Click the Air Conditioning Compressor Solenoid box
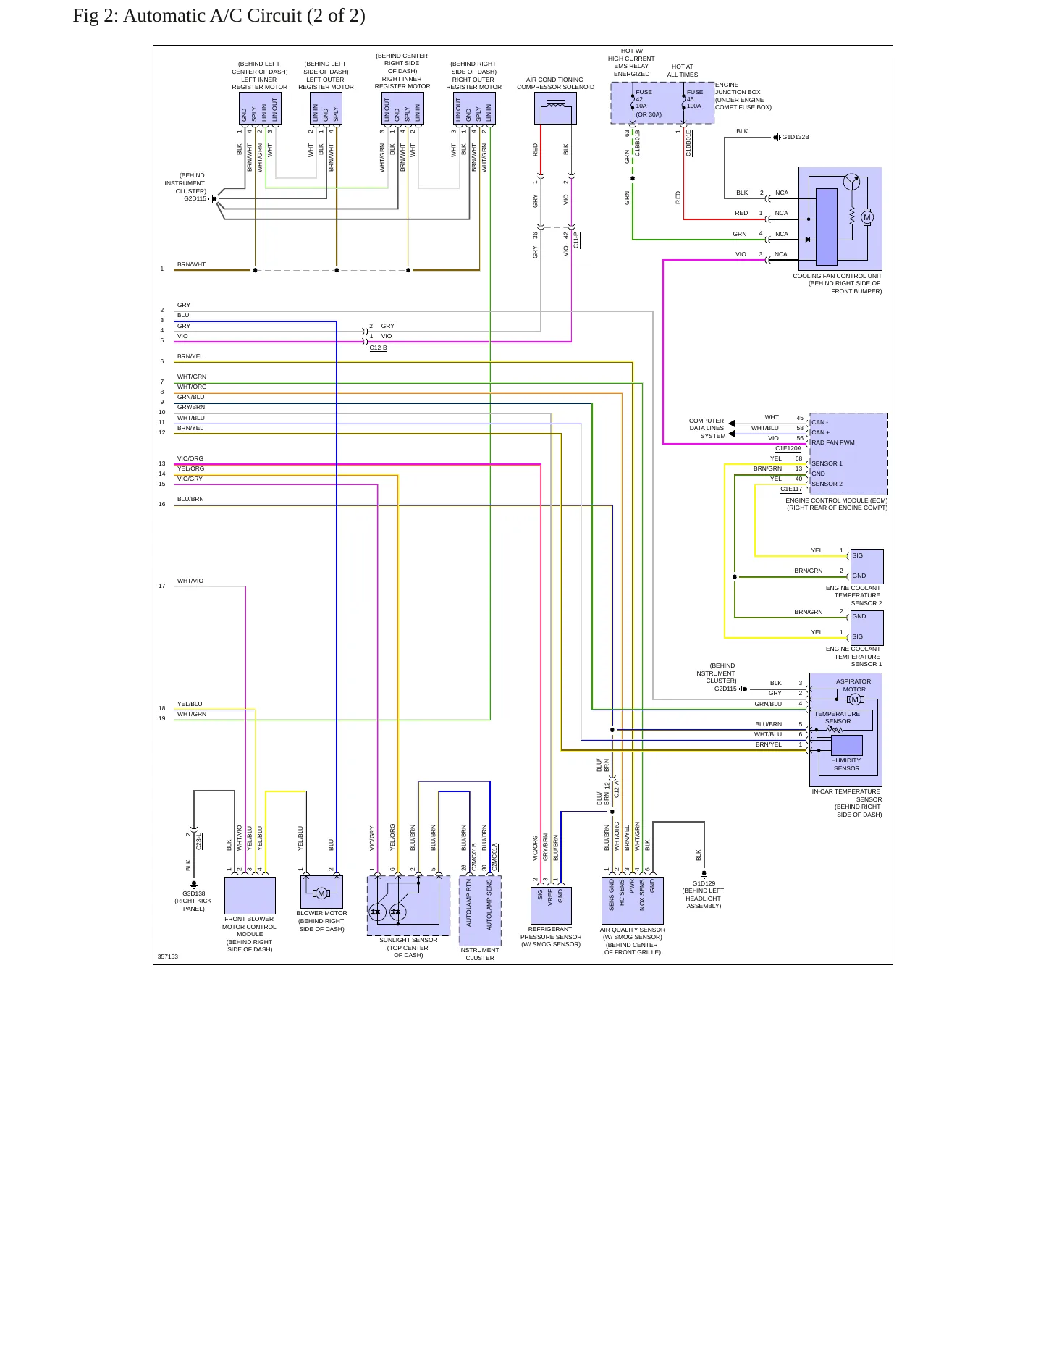[x=556, y=109]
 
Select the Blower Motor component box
[x=321, y=892]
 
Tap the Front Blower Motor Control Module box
[x=250, y=896]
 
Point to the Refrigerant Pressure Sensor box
[x=551, y=906]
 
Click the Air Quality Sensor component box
[x=633, y=901]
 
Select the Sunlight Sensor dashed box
[x=408, y=906]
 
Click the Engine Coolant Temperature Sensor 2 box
[x=866, y=566]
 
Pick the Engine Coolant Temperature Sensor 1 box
[x=866, y=628]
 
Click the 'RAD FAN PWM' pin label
[x=832, y=442]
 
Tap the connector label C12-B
[x=378, y=348]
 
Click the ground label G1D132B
[x=796, y=137]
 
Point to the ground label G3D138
[x=194, y=893]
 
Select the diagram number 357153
[x=168, y=956]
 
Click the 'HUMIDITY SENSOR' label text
[x=846, y=765]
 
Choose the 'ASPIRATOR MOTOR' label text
[x=853, y=685]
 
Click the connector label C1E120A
[x=788, y=449]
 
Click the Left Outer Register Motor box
[x=326, y=109]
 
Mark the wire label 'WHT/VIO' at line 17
[x=190, y=581]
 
